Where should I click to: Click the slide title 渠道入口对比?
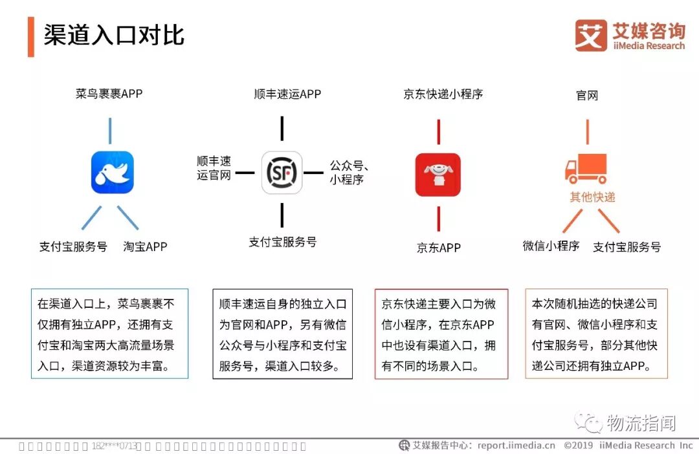pyautogui.click(x=114, y=36)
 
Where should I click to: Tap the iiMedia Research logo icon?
pyautogui.click(x=591, y=36)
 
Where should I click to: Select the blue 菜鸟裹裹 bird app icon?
pyautogui.click(x=112, y=173)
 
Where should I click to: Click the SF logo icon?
pyautogui.click(x=282, y=173)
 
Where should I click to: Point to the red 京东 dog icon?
pyautogui.click(x=438, y=175)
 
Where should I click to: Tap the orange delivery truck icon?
pyautogui.click(x=586, y=169)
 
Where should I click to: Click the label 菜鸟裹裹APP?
pyautogui.click(x=109, y=94)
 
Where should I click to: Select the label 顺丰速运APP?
pyautogui.click(x=287, y=94)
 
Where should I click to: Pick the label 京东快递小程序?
pyautogui.click(x=443, y=94)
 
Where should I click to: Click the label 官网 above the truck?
pyautogui.click(x=587, y=96)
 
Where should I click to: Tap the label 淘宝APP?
pyautogui.click(x=145, y=246)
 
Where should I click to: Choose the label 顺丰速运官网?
pyautogui.click(x=214, y=168)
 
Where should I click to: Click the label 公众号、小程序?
pyautogui.click(x=349, y=173)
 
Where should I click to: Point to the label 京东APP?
pyautogui.click(x=439, y=248)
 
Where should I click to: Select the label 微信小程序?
pyautogui.click(x=551, y=246)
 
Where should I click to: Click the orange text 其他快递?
pyautogui.click(x=592, y=197)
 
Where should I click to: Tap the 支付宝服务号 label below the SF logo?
pyautogui.click(x=283, y=242)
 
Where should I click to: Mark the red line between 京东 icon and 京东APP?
pyautogui.click(x=439, y=219)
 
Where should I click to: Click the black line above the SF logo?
pyautogui.click(x=282, y=128)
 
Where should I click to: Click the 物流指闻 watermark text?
pyautogui.click(x=641, y=424)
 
